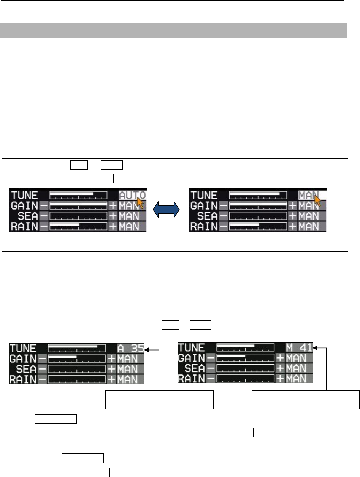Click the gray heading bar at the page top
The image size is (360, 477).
[173, 31]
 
